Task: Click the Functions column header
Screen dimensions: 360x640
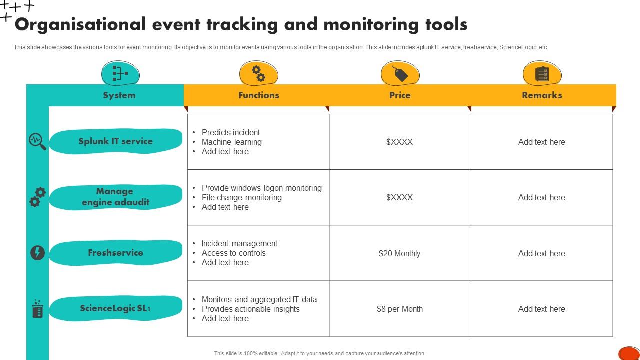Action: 258,95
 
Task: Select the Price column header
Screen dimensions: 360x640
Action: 400,95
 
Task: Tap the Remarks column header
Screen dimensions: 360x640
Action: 542,95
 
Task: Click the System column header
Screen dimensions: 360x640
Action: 119,95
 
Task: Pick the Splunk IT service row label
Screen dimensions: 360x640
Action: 115,141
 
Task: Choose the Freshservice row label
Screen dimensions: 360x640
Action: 115,253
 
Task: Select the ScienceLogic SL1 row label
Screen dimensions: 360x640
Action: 115,308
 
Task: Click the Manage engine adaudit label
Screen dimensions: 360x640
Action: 115,197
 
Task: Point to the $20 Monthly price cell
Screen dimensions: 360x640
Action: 399,253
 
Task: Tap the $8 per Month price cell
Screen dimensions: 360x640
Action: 399,309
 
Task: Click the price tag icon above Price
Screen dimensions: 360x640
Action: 400,74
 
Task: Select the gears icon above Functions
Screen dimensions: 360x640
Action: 258,74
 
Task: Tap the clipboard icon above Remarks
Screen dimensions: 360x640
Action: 542,74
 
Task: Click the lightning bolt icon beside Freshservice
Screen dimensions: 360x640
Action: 37,253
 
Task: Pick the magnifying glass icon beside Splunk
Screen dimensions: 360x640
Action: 37,141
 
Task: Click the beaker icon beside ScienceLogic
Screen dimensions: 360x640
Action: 37,309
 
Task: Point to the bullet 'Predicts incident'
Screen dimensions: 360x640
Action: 230,132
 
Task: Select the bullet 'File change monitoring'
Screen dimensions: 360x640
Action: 241,197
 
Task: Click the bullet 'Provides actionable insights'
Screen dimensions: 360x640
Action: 250,309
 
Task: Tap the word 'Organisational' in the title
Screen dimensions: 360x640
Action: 80,24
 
